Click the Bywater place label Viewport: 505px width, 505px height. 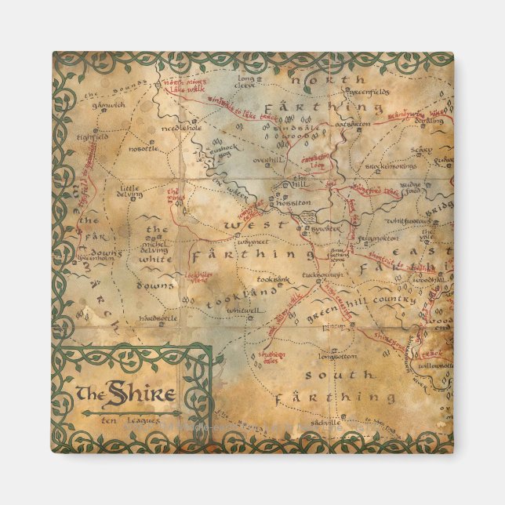coord(323,230)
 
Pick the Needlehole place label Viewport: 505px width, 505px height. coord(181,128)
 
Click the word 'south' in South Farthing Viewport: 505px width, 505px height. coord(330,376)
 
